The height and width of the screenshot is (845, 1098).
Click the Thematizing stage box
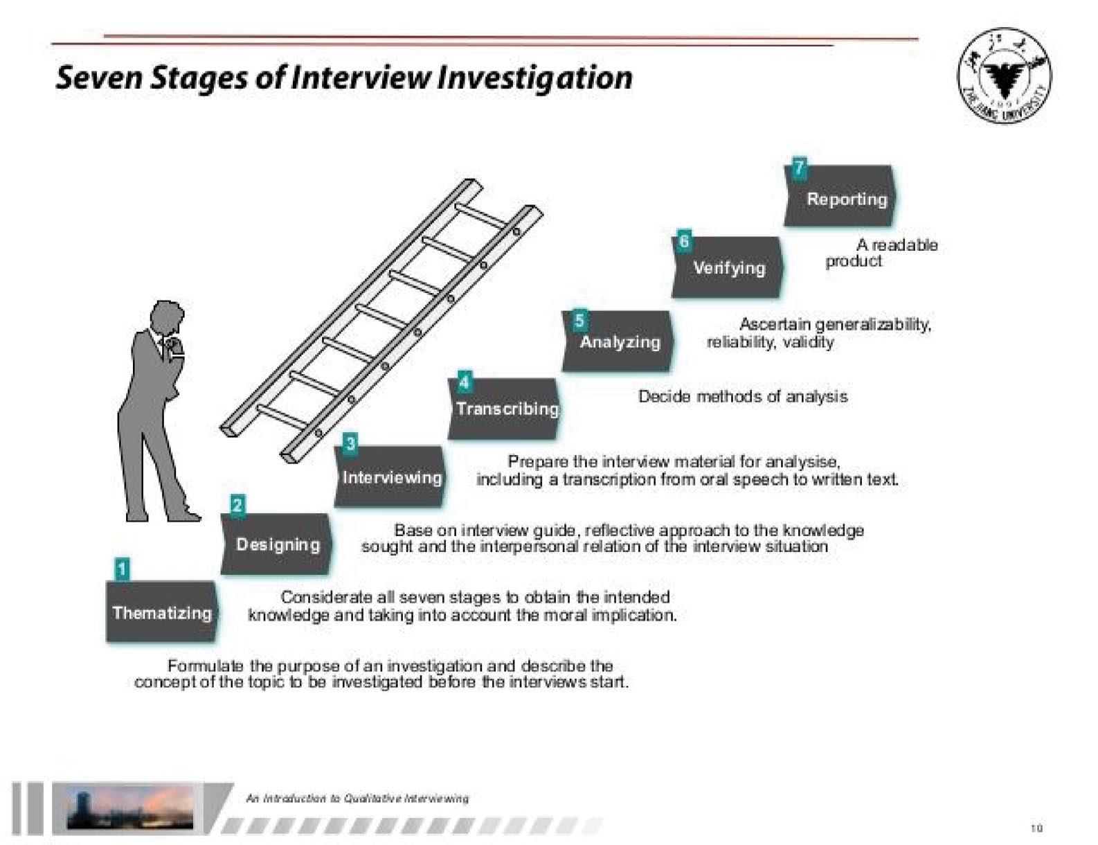pyautogui.click(x=161, y=612)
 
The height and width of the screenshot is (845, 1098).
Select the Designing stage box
pyautogui.click(x=277, y=544)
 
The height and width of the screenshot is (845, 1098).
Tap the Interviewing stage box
pyautogui.click(x=390, y=477)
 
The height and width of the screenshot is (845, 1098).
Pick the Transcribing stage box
pyautogui.click(x=505, y=409)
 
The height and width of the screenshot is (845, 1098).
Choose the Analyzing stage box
pyautogui.click(x=618, y=341)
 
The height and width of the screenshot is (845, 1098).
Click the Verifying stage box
pyautogui.click(x=728, y=268)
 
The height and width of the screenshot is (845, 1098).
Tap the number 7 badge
pyautogui.click(x=799, y=168)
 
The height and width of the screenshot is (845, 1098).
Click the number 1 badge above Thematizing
pyautogui.click(x=122, y=569)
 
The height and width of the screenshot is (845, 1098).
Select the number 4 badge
pyautogui.click(x=464, y=382)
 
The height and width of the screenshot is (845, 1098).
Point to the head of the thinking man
pyautogui.click(x=168, y=318)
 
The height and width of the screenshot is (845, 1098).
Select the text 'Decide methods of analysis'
pyautogui.click(x=742, y=397)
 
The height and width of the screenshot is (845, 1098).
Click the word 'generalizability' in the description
pyautogui.click(x=873, y=324)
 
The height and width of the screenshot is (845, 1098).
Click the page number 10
pyautogui.click(x=1036, y=828)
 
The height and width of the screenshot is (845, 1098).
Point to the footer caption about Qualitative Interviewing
pyautogui.click(x=357, y=799)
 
